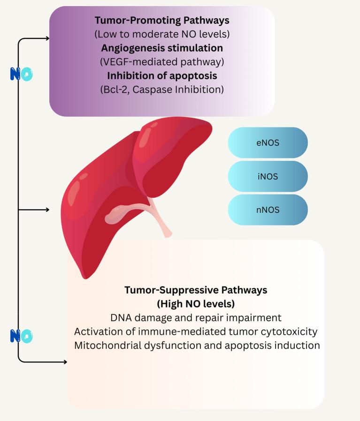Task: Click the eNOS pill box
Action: [268, 143]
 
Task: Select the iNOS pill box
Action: [268, 176]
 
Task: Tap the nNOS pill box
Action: [268, 210]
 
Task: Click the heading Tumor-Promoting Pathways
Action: [162, 21]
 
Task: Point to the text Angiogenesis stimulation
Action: [162, 48]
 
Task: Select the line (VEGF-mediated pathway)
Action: [162, 62]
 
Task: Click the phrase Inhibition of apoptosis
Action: [162, 75]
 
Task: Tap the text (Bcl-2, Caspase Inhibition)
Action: [162, 89]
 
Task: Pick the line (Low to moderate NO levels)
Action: [162, 34]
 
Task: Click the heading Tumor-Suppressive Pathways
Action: [196, 290]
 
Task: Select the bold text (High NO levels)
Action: [196, 303]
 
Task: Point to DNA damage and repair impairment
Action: [196, 317]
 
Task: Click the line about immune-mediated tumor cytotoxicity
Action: [196, 331]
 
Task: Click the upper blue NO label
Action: [22, 74]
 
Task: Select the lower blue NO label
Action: [22, 336]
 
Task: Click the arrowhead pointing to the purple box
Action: [47, 38]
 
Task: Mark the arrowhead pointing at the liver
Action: [47, 210]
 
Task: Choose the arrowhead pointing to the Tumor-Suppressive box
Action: [65, 362]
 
